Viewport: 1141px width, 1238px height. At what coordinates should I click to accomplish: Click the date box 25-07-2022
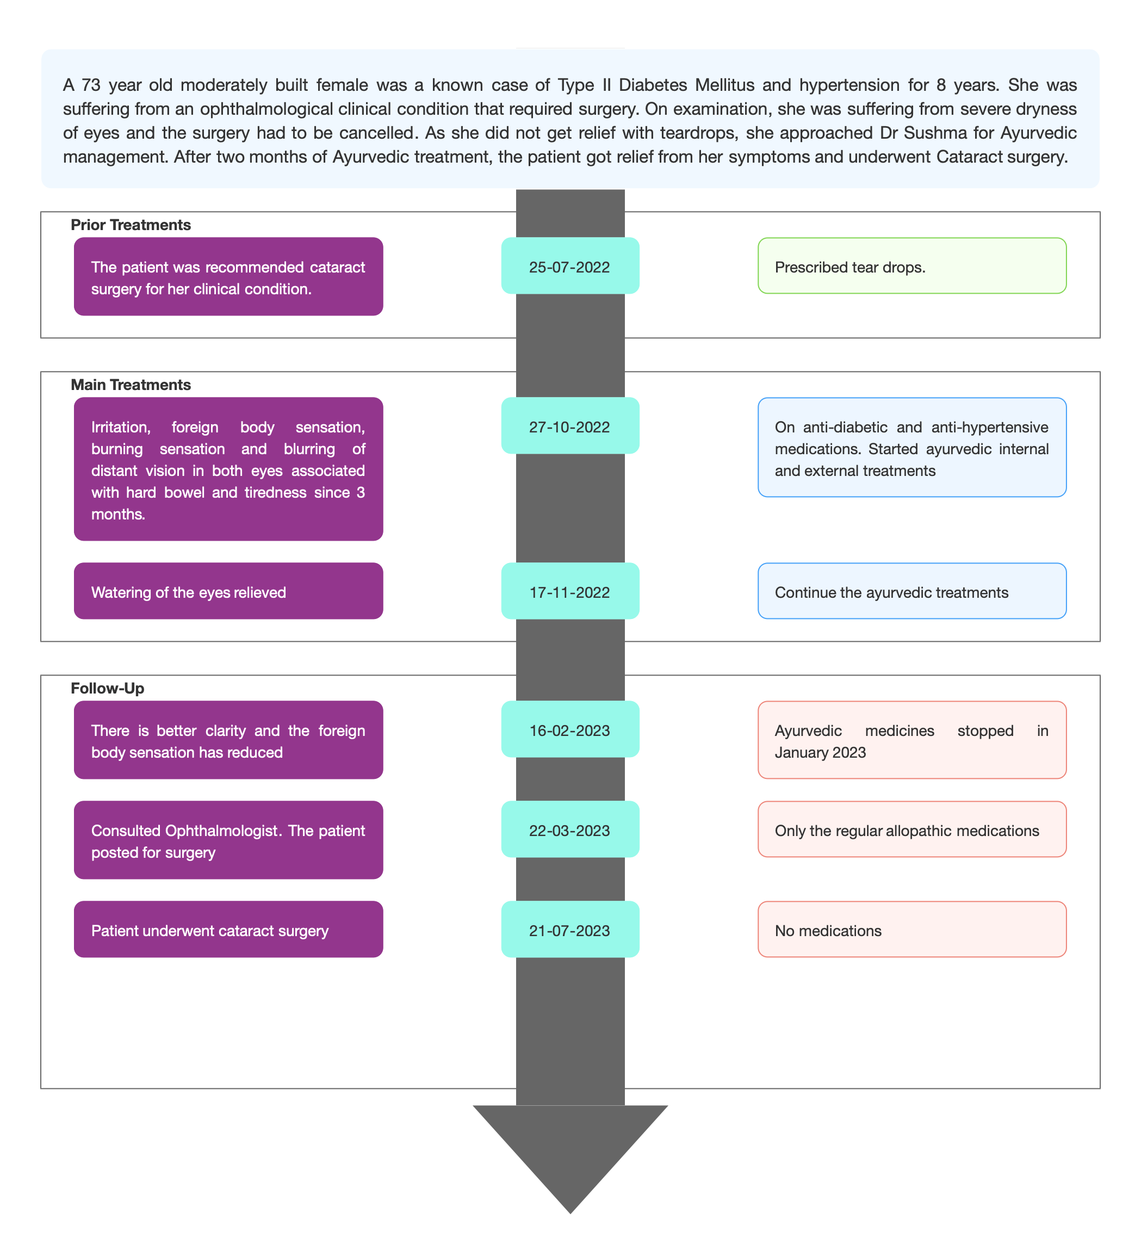coord(570,265)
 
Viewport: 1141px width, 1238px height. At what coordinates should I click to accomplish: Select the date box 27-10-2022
coord(570,425)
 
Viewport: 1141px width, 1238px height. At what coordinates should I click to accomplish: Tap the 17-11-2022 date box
coord(570,591)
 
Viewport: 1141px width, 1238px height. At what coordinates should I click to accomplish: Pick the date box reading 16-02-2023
coord(570,729)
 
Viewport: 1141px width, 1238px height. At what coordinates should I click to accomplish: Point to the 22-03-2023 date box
coord(570,830)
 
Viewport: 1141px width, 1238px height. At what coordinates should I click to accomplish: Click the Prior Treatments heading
coord(131,225)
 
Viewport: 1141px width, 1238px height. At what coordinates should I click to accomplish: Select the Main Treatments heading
coord(131,385)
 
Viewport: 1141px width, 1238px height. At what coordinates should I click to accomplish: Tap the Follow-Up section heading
coord(108,689)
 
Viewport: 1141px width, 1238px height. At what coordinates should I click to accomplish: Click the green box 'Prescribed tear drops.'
coord(912,265)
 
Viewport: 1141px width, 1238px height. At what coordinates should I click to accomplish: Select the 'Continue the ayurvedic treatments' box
coord(912,591)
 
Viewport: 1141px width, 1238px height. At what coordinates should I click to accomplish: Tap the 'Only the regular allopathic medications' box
coord(912,830)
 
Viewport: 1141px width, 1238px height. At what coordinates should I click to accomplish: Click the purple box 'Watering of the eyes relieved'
coord(228,591)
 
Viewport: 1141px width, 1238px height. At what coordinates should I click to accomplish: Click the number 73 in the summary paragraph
coord(91,85)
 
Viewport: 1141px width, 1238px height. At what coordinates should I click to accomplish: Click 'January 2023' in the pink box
coord(820,753)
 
